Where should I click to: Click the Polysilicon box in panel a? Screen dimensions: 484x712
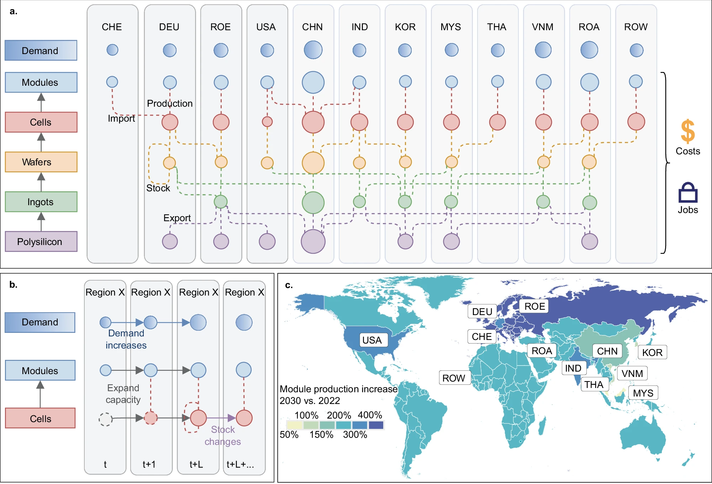click(41, 241)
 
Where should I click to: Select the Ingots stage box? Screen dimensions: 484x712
click(41, 202)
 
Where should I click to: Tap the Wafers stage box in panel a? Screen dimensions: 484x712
click(41, 162)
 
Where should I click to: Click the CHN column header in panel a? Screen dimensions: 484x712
click(312, 27)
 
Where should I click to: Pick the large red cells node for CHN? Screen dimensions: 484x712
click(313, 122)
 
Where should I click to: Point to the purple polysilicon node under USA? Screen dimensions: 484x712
click(267, 241)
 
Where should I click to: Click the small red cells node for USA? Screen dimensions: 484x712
click(267, 122)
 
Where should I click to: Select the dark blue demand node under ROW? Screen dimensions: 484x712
click(636, 50)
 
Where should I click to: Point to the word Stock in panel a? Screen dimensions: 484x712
click(158, 188)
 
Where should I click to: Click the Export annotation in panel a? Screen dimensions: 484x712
click(177, 218)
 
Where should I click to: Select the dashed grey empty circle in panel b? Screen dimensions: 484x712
click(106, 419)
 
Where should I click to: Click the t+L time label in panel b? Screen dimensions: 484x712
click(196, 464)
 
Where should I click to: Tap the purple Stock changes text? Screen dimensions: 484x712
click(223, 436)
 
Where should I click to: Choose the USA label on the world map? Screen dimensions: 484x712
click(372, 340)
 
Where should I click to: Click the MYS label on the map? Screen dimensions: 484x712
click(643, 393)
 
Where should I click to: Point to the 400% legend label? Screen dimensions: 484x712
click(370, 415)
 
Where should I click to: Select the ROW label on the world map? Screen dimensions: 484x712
click(454, 378)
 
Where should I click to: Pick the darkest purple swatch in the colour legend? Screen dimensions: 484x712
click(376, 425)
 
